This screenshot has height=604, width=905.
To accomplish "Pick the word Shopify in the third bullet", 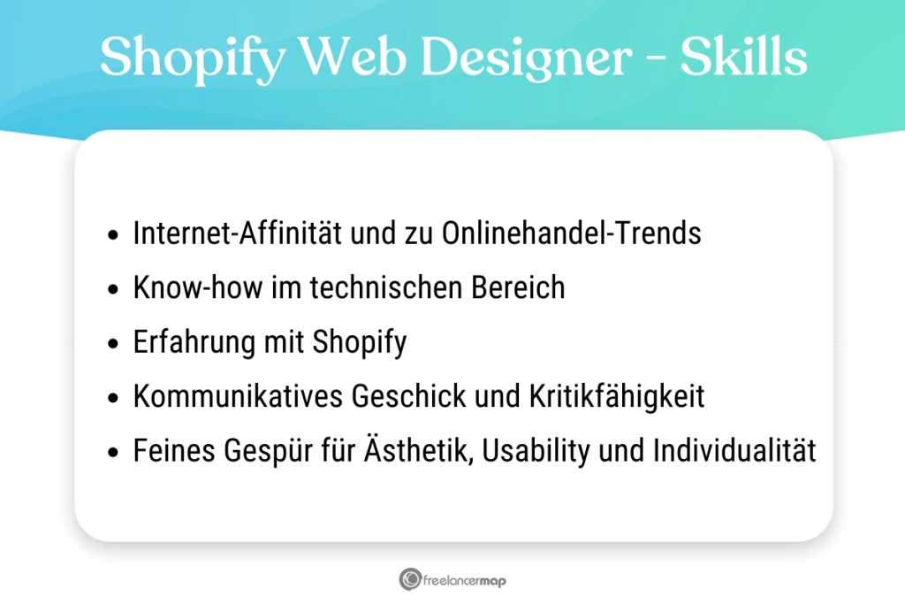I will tap(360, 343).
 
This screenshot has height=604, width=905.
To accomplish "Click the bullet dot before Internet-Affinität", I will tap(112, 236).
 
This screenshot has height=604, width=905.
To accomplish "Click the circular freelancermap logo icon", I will tap(409, 580).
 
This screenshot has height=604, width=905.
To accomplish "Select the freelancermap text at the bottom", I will tap(465, 581).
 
